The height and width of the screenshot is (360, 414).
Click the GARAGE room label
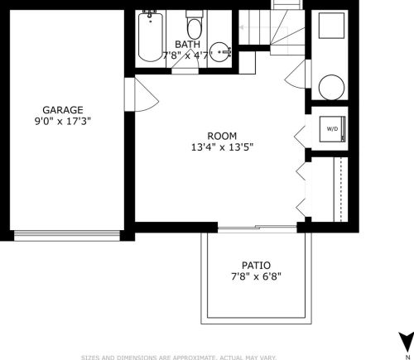click(63, 110)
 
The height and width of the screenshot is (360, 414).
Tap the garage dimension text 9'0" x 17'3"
click(63, 122)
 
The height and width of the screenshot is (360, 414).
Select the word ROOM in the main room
click(222, 136)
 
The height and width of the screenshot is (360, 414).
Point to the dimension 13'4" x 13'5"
click(222, 147)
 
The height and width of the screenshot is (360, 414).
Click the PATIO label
click(256, 266)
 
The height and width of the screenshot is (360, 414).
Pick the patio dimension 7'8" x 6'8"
click(256, 276)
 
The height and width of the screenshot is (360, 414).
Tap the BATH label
click(187, 44)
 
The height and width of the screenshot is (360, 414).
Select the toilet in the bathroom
click(195, 25)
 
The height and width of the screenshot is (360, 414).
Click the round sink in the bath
click(220, 52)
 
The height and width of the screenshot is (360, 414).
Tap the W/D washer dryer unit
click(333, 129)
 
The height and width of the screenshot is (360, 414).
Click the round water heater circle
click(331, 88)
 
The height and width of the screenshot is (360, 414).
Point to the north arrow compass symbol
click(406, 343)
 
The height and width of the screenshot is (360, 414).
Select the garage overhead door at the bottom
click(67, 236)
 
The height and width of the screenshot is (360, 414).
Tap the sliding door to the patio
click(258, 228)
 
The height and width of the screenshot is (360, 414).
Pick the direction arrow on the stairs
click(263, 27)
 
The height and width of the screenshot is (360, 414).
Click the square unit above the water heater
click(331, 26)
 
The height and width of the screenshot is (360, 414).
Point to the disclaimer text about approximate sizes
click(179, 358)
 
